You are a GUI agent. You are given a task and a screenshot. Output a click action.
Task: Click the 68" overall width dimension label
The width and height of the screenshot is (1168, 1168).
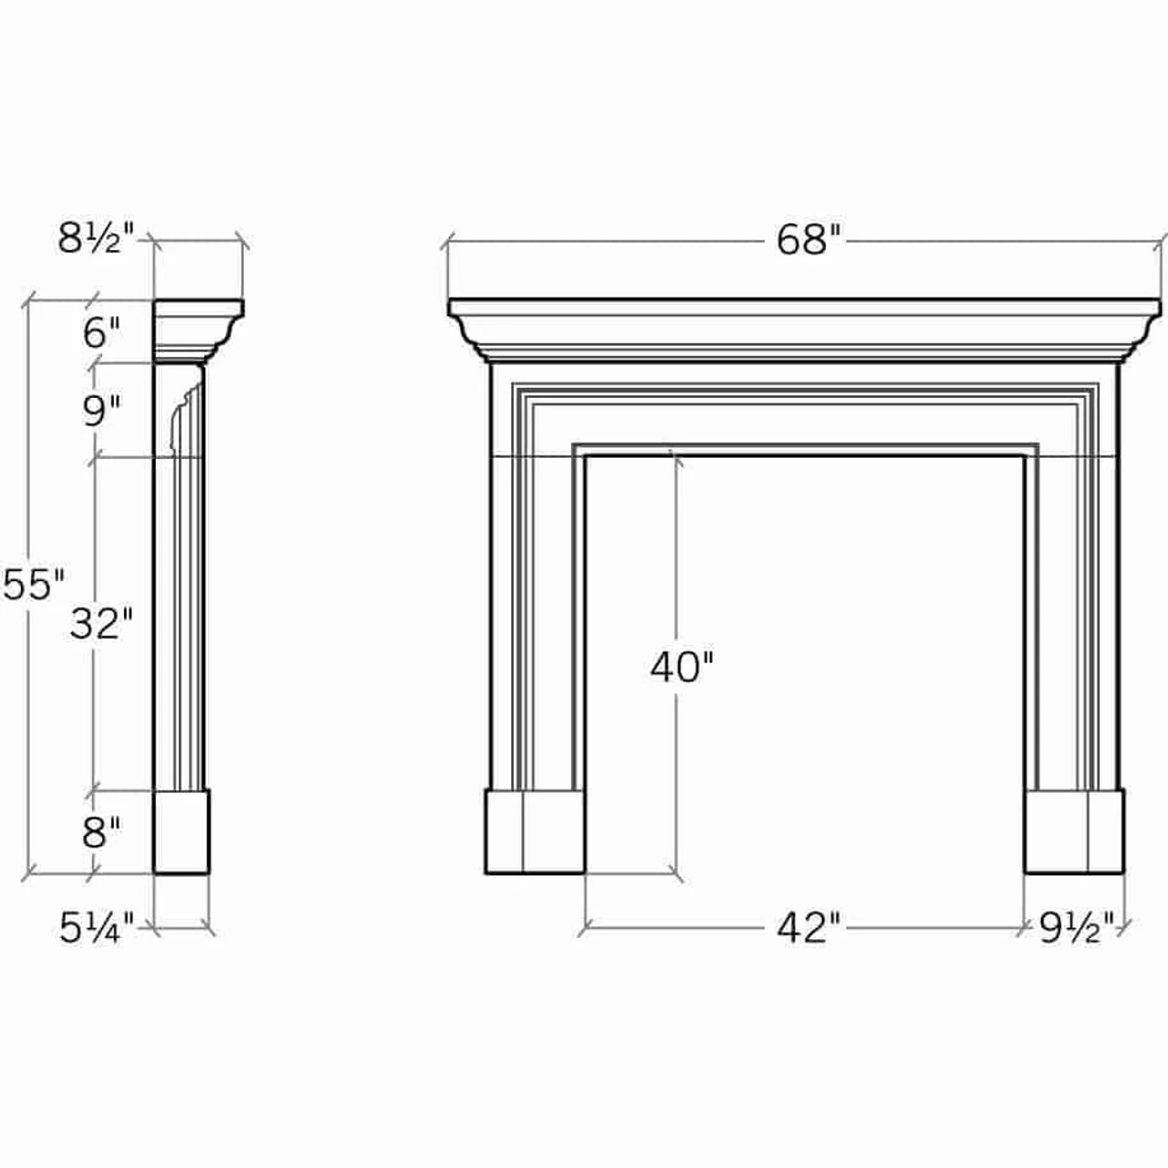(x=807, y=241)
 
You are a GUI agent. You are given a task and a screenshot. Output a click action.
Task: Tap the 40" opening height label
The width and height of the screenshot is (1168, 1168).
(x=681, y=667)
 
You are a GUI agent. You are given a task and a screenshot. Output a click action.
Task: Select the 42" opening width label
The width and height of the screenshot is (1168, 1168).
(x=807, y=928)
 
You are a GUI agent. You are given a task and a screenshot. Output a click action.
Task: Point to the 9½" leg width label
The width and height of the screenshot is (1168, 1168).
(x=1077, y=929)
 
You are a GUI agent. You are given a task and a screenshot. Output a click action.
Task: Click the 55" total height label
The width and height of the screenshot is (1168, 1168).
(x=33, y=585)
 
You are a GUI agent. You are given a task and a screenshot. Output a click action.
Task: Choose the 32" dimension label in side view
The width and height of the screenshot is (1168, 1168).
(x=101, y=624)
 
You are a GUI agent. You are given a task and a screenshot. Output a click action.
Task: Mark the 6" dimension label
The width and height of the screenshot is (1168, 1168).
(x=101, y=333)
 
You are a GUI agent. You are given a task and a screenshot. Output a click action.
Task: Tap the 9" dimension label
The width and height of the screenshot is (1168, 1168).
(x=101, y=412)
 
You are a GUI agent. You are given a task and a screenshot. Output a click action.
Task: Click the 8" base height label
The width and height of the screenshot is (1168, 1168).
(x=101, y=832)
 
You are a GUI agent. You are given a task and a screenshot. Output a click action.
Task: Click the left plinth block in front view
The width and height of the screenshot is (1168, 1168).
(x=534, y=831)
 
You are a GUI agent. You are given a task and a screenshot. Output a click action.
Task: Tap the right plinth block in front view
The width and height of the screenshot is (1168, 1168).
(x=1074, y=831)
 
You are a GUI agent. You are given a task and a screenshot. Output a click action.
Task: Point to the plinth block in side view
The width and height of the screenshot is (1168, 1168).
(x=182, y=831)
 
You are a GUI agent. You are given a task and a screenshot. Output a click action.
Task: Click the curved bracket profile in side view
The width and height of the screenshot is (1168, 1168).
(x=182, y=415)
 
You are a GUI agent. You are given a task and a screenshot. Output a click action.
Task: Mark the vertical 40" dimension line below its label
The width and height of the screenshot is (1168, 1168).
(x=675, y=776)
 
